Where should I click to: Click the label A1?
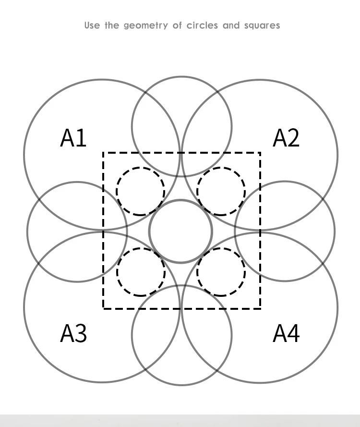tap(73, 138)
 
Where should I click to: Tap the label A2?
tap(286, 138)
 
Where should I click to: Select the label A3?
tap(73, 333)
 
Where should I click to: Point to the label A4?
tap(286, 333)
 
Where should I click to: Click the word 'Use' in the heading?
tap(92, 25)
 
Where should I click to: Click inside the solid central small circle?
tap(180, 232)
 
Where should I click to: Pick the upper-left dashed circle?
tap(140, 191)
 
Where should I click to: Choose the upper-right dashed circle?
tap(221, 191)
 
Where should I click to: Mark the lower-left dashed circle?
tap(141, 272)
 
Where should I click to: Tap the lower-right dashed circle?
tap(221, 272)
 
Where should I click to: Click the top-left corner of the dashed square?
tap(104, 153)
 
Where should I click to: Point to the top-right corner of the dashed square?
tap(260, 153)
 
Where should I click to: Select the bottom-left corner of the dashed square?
tap(104, 308)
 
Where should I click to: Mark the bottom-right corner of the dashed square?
tap(260, 308)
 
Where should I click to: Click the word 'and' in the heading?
tap(231, 25)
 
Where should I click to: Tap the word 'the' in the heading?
tap(112, 25)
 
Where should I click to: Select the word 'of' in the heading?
tap(178, 25)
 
